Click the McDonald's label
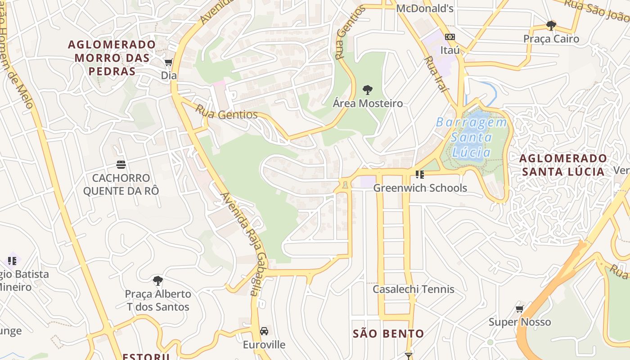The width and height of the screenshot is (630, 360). click(x=424, y=8)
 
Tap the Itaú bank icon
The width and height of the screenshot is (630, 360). click(x=450, y=37)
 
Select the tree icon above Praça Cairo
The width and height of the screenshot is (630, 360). click(x=551, y=25)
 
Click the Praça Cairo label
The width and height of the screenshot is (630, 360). click(x=551, y=39)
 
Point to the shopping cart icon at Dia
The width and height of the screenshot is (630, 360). click(x=169, y=62)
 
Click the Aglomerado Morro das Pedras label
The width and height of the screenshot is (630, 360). click(x=112, y=58)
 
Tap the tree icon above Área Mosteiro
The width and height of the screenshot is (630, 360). click(x=368, y=90)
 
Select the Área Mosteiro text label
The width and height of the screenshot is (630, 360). click(x=368, y=103)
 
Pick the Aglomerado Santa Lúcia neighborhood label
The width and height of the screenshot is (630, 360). click(x=562, y=165)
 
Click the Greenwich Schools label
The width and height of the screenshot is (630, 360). click(x=420, y=188)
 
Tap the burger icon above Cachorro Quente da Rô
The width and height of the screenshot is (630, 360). click(x=121, y=164)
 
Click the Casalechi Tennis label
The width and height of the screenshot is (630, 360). click(x=413, y=289)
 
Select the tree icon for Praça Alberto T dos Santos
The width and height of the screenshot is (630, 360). click(x=157, y=281)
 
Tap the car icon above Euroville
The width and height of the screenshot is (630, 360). click(x=264, y=331)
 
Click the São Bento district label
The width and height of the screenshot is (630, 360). click(x=388, y=333)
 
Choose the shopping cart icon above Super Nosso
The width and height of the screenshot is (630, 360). click(x=520, y=309)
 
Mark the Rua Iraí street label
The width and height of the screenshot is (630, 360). click(x=436, y=74)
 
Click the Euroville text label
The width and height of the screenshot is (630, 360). click(x=264, y=345)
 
